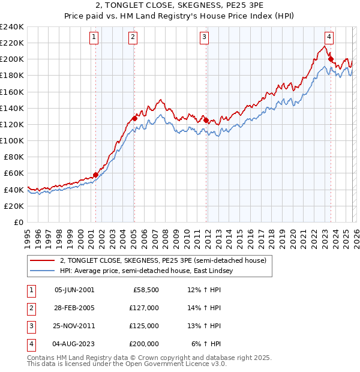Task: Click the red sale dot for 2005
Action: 135,118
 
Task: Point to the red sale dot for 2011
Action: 206,120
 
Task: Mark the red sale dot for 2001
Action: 95,175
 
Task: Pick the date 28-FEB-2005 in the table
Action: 74,308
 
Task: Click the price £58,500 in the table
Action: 146,290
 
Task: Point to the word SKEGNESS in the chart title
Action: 158,7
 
